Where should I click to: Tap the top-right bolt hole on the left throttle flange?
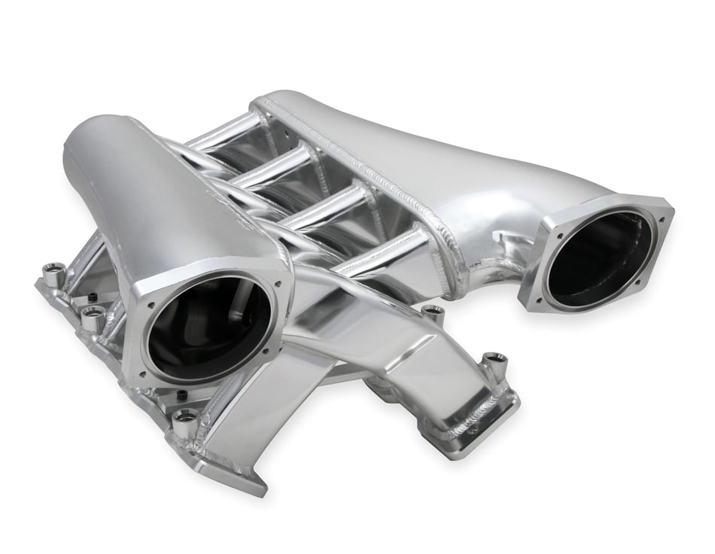tap(278, 285)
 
